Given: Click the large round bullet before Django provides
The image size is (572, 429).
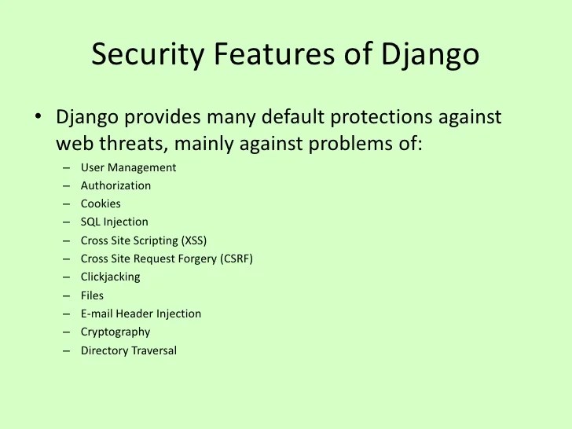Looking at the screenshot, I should pyautogui.click(x=37, y=117).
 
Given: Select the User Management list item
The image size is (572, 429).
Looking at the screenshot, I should pyautogui.click(x=128, y=167).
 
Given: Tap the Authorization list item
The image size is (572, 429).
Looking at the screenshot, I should pyautogui.click(x=115, y=185).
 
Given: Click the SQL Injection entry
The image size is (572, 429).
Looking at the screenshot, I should pyautogui.click(x=114, y=222).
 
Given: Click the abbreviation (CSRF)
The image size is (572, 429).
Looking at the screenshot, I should pyautogui.click(x=234, y=258).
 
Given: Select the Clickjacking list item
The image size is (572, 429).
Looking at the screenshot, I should pyautogui.click(x=110, y=277).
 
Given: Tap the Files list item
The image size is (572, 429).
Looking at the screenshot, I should pyautogui.click(x=92, y=295).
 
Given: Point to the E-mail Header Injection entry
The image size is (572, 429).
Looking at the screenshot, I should pyautogui.click(x=141, y=313).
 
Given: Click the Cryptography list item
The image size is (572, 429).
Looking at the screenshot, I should pyautogui.click(x=115, y=332).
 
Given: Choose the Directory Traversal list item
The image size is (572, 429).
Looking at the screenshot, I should pyautogui.click(x=128, y=350).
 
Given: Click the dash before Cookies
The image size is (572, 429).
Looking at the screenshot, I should pyautogui.click(x=65, y=204).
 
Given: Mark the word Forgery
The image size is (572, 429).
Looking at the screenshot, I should pyautogui.click(x=188, y=258).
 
